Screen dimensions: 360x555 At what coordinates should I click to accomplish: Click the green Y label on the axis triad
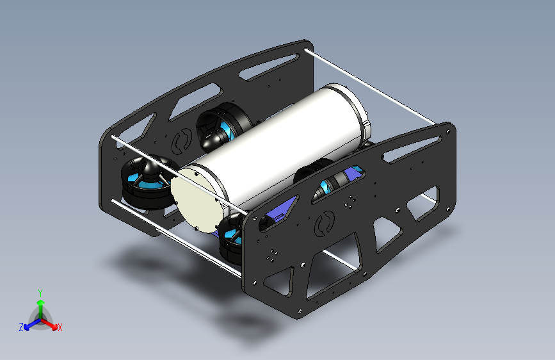coord(40,292)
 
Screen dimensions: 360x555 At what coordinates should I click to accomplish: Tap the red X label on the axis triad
coord(60,327)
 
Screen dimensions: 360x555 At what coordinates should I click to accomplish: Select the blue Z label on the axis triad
coord(21,327)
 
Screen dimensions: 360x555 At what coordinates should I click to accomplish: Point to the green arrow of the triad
coord(40,305)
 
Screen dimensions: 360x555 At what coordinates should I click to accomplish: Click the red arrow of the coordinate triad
coord(51,323)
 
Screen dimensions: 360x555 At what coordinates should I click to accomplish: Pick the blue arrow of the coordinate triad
coord(29,324)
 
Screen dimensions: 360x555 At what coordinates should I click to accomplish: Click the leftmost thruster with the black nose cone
coord(145,183)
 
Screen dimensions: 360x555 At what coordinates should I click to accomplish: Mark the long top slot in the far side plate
coord(268,65)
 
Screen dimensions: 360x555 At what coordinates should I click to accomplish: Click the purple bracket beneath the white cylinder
coord(280,212)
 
